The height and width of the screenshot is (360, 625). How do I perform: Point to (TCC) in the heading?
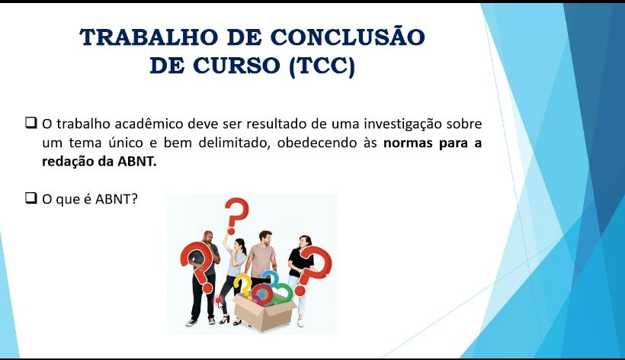(x=322, y=66)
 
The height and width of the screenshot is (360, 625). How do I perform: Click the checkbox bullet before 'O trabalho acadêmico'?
(x=31, y=122)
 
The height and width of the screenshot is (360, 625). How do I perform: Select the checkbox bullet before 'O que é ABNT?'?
(x=31, y=198)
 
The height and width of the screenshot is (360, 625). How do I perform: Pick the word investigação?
(x=402, y=124)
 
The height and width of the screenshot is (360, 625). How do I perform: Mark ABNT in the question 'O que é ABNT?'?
(x=117, y=199)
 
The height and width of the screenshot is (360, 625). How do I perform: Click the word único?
(x=126, y=143)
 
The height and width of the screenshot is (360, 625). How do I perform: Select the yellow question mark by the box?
(x=242, y=284)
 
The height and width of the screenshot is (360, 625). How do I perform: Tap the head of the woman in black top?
(x=305, y=242)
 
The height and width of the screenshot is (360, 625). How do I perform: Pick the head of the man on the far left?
(x=207, y=238)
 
